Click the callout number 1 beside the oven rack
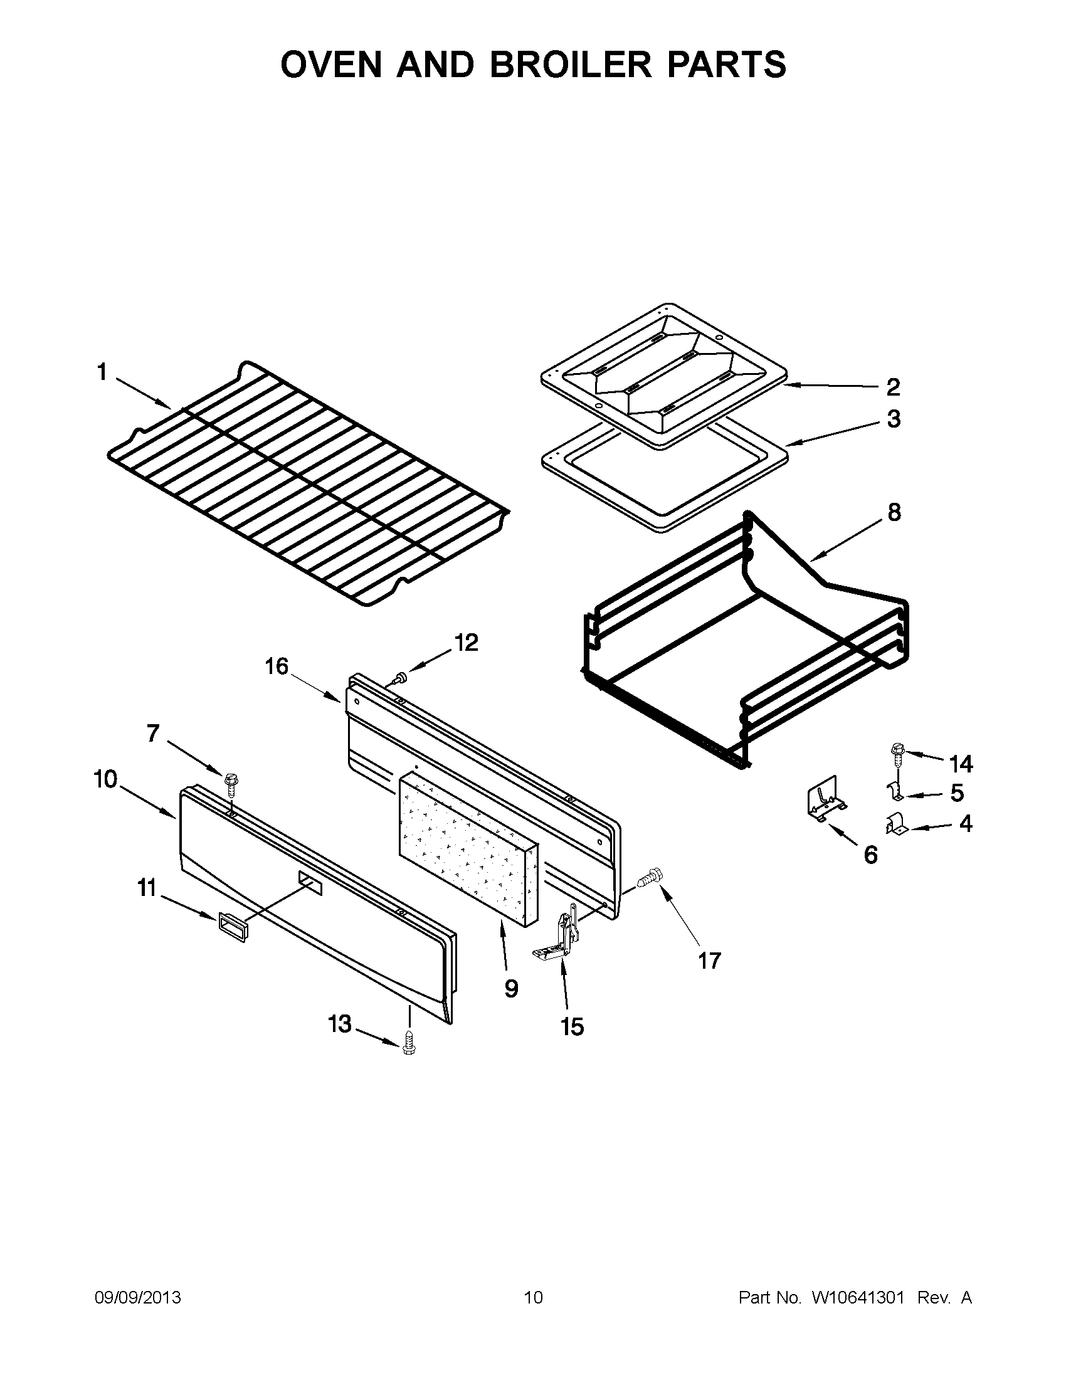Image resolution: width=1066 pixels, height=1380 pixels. pos(102,372)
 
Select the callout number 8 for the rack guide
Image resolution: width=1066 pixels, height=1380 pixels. pos(894,512)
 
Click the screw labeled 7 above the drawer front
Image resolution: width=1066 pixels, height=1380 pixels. pos(230,782)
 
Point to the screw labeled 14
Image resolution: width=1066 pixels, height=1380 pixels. pos(896,751)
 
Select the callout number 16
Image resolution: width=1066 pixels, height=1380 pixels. pos(276,666)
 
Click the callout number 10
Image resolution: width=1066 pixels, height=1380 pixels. pos(105,780)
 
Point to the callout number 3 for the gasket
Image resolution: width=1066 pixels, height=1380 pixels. pos(894,419)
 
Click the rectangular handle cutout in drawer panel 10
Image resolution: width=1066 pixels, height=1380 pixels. pos(310,883)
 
